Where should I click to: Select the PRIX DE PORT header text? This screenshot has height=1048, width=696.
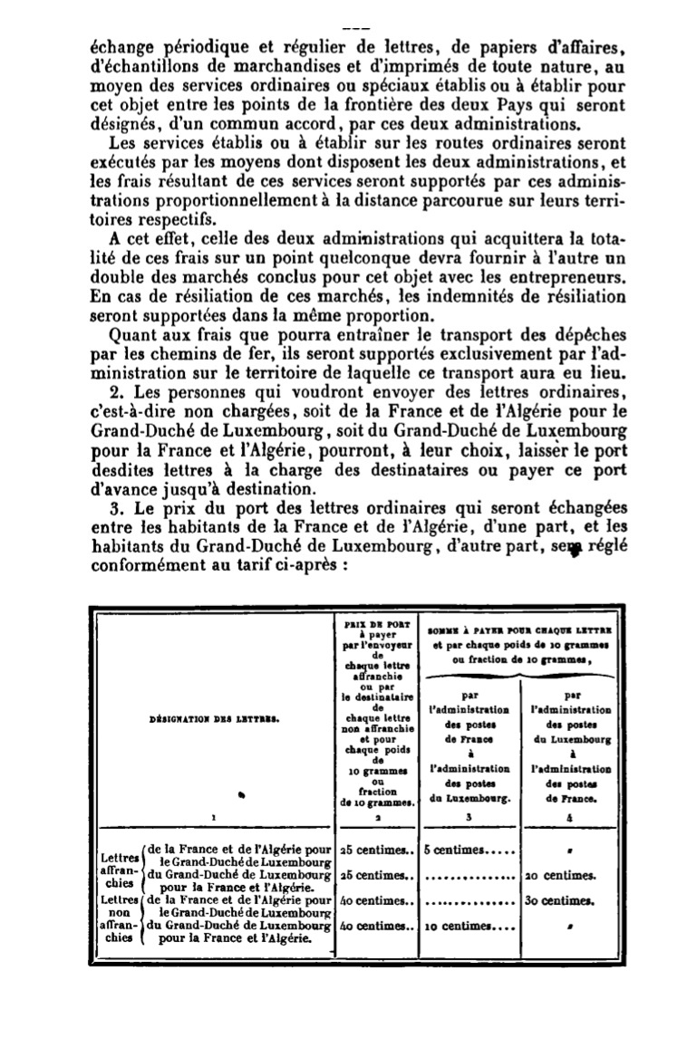376,624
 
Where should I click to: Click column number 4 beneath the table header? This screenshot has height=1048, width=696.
570,816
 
